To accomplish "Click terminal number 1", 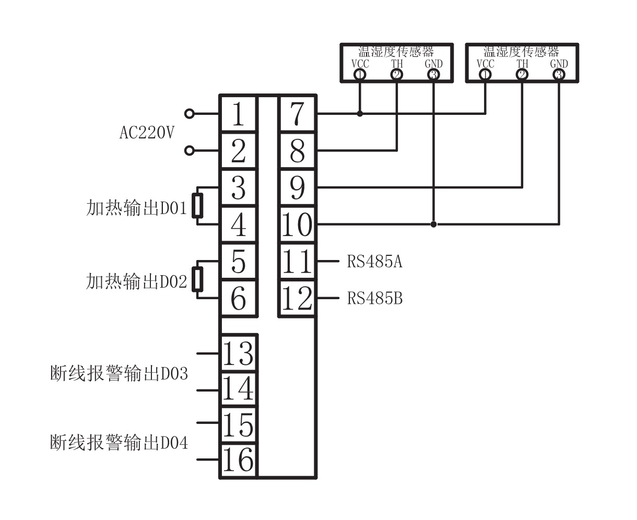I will pyautogui.click(x=238, y=114).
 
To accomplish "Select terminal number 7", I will pyautogui.click(x=297, y=114).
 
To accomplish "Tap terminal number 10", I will pyautogui.click(x=297, y=224).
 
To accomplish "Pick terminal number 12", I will pyautogui.click(x=297, y=299).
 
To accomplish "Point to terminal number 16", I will pyautogui.click(x=238, y=460).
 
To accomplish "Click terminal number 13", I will pyautogui.click(x=238, y=353).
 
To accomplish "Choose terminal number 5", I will pyautogui.click(x=238, y=261).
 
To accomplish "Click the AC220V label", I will pyautogui.click(x=147, y=133).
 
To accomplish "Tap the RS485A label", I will pyautogui.click(x=374, y=261).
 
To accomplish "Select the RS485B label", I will pyautogui.click(x=374, y=299).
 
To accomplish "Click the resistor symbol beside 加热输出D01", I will pyautogui.click(x=197, y=206).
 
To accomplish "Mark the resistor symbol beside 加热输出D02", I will pyautogui.click(x=197, y=279).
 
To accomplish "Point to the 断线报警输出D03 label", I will pyautogui.click(x=119, y=374).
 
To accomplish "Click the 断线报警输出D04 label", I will pyautogui.click(x=119, y=443).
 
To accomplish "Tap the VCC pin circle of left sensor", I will pyautogui.click(x=360, y=75).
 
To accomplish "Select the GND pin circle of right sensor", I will pyautogui.click(x=559, y=75).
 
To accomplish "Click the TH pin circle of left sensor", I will pyautogui.click(x=397, y=75).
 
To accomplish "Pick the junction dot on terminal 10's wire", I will pyautogui.click(x=433, y=224).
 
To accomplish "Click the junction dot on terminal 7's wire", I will pyautogui.click(x=360, y=113).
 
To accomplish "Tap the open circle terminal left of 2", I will pyautogui.click(x=190, y=151).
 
